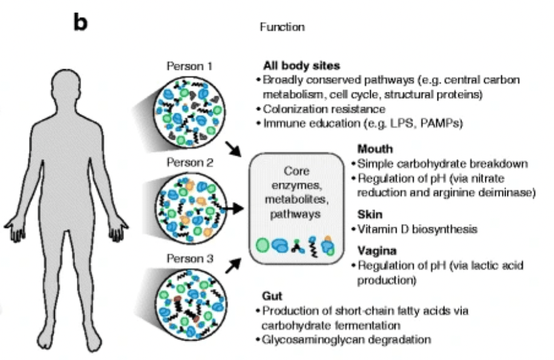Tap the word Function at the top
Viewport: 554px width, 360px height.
282,27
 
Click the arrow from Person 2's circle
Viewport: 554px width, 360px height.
234,208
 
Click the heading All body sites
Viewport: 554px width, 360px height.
302,66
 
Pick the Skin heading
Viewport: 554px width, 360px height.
370,214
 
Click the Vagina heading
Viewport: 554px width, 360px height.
376,250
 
